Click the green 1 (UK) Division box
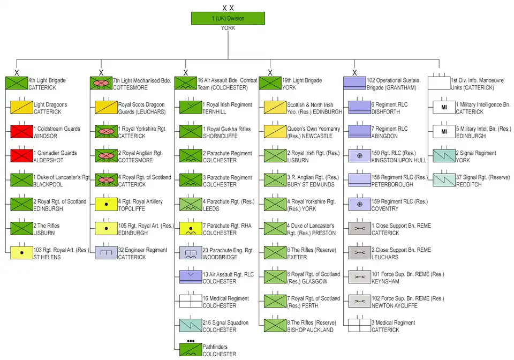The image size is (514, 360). (228, 18)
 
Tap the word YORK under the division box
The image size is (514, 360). (228, 28)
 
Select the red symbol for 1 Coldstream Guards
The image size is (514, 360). (21, 132)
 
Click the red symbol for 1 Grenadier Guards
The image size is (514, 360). (21, 156)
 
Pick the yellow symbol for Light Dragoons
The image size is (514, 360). (21, 108)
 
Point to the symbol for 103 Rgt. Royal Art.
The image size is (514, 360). (21, 253)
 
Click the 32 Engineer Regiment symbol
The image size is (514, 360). (106, 253)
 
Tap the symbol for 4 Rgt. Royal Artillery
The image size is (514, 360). (106, 204)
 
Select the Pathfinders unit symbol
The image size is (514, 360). (191, 349)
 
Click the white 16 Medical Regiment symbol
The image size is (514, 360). (191, 301)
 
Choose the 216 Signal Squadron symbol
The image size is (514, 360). (191, 325)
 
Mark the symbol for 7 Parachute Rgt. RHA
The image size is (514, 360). (191, 229)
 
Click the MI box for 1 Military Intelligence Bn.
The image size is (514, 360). (444, 108)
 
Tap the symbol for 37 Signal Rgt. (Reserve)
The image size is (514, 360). (444, 180)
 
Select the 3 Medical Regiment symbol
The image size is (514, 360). (360, 325)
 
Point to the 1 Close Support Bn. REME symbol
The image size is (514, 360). (360, 229)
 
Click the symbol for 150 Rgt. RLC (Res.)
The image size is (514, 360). (360, 156)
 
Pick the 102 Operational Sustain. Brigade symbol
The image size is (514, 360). (354, 83)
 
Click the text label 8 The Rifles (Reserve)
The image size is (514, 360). (312, 322)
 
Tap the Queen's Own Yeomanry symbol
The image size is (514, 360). (275, 132)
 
